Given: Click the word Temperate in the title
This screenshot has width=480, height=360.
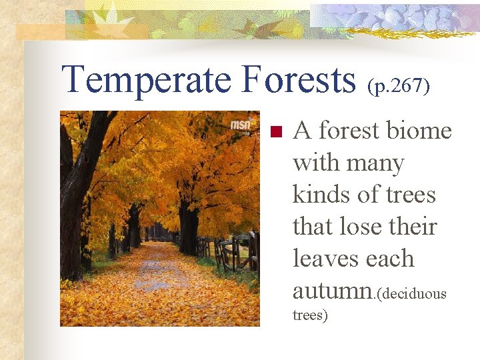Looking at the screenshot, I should (146, 79).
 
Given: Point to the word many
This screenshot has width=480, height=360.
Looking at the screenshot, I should (377, 163).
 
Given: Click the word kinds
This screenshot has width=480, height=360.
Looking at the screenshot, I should (317, 195).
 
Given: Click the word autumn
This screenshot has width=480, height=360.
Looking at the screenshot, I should (331, 291).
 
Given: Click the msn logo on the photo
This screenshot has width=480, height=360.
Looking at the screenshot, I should (241, 125).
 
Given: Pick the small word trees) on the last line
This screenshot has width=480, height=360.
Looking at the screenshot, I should (310, 315).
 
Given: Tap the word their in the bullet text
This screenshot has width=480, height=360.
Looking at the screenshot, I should (414, 227).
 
